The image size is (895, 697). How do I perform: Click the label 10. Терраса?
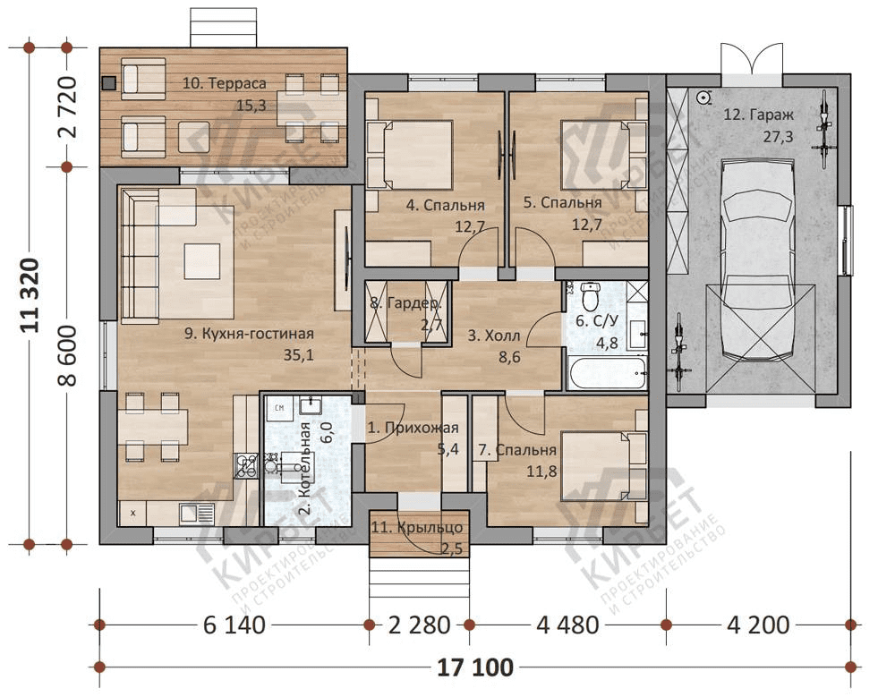[x=225, y=83]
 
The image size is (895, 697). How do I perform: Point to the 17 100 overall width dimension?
[x=475, y=667]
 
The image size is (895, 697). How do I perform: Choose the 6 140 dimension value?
[x=234, y=625]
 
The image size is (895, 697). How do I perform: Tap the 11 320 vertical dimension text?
[x=30, y=295]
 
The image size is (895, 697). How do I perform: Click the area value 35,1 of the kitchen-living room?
[x=299, y=355]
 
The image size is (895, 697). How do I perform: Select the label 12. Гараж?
[x=759, y=115]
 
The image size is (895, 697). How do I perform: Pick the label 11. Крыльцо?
[x=417, y=528]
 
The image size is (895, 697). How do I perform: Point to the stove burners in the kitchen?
[x=245, y=465]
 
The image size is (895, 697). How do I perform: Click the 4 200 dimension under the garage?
[x=758, y=625]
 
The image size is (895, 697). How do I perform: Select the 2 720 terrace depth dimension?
[x=67, y=107]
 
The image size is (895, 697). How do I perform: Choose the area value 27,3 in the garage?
[x=778, y=137]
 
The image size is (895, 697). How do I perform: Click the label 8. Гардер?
[x=405, y=303]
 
